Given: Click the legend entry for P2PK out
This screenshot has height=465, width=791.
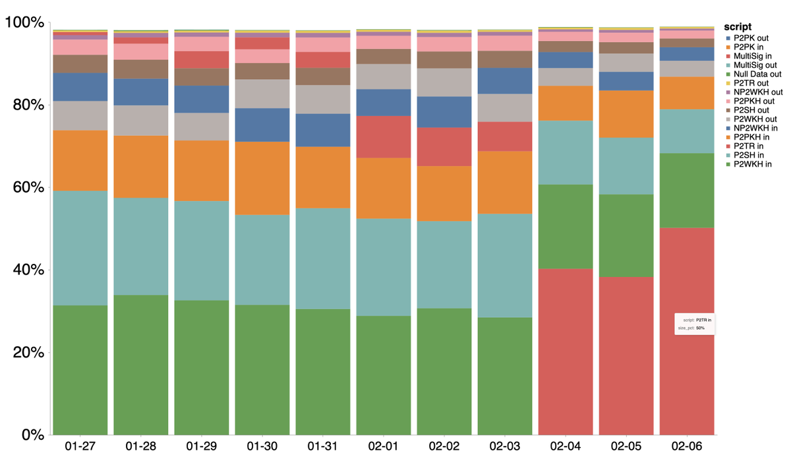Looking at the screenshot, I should (755, 38).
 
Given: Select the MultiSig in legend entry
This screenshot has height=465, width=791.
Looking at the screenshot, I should (756, 56).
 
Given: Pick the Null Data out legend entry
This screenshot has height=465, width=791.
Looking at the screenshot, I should (760, 74).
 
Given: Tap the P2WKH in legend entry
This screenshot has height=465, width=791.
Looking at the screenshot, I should (755, 164).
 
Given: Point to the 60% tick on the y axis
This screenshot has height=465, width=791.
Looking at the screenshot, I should (26, 188).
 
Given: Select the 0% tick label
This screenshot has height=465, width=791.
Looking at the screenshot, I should (30, 435).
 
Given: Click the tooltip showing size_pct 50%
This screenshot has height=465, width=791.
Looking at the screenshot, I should (694, 323).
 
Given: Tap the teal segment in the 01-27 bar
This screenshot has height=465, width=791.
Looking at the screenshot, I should (80, 248).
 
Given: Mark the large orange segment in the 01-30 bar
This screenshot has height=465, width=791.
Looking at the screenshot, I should (262, 178).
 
